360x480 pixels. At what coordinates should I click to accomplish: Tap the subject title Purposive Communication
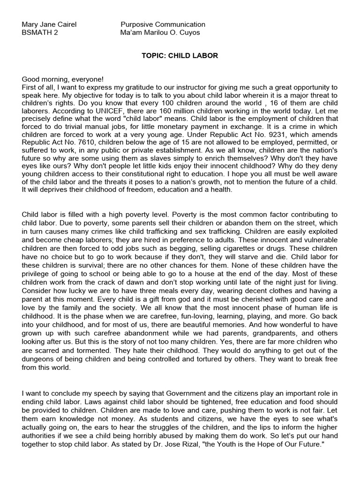tap(163, 24)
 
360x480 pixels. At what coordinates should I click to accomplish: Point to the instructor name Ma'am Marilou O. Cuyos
tap(160, 32)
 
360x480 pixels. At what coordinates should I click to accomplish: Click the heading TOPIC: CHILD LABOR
tap(180, 55)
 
